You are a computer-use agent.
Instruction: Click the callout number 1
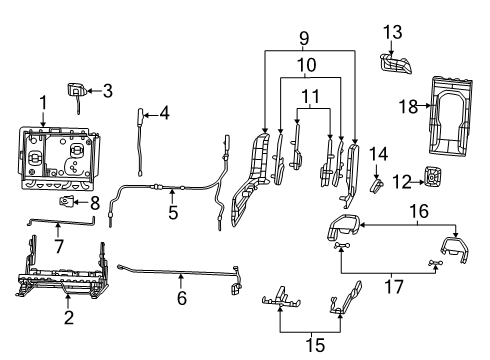coord(42,103)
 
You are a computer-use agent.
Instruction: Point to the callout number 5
coord(172,213)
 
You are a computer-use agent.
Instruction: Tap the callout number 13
coord(393,31)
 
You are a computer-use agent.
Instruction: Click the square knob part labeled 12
coord(432,179)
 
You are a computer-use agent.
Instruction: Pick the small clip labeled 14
coord(377,183)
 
